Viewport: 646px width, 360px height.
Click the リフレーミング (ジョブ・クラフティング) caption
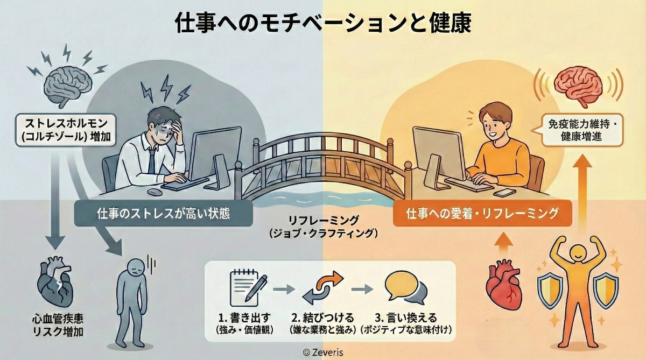pos(322,227)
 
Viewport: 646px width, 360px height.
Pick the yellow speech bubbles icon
pos(404,288)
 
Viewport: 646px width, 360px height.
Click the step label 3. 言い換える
pos(406,317)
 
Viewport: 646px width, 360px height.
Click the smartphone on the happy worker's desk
pos(504,193)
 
